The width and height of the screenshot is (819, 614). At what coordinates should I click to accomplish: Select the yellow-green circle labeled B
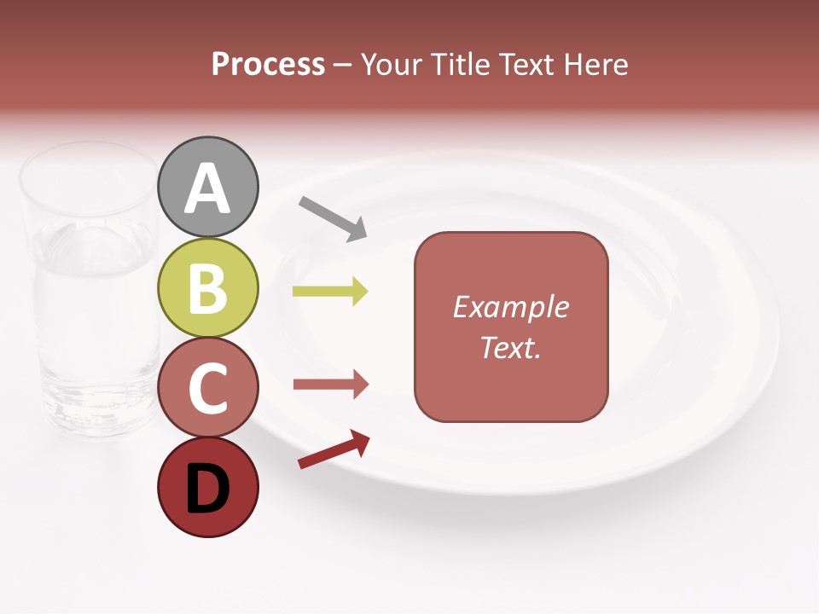point(208,287)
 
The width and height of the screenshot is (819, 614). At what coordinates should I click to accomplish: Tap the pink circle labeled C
point(208,387)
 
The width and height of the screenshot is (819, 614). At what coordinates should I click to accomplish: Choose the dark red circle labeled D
point(208,487)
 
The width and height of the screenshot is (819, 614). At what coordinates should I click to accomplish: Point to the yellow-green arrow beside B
point(330,292)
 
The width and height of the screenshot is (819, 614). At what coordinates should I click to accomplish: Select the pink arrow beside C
point(330,385)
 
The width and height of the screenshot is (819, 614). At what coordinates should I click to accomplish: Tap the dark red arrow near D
point(334,449)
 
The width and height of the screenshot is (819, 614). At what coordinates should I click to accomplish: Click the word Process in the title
point(268,64)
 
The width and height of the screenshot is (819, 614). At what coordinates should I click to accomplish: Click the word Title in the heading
point(462,64)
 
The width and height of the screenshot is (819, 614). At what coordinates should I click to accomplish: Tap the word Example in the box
point(511,307)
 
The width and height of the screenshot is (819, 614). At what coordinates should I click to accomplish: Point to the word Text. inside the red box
point(511,347)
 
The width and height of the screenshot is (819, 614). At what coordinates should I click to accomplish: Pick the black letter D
point(208,489)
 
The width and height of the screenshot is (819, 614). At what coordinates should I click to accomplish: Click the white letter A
point(208,189)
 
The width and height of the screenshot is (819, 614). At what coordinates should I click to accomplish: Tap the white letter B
point(208,289)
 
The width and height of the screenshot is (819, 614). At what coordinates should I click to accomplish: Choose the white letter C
point(208,389)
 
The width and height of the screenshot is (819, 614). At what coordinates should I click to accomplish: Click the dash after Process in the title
point(343,66)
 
